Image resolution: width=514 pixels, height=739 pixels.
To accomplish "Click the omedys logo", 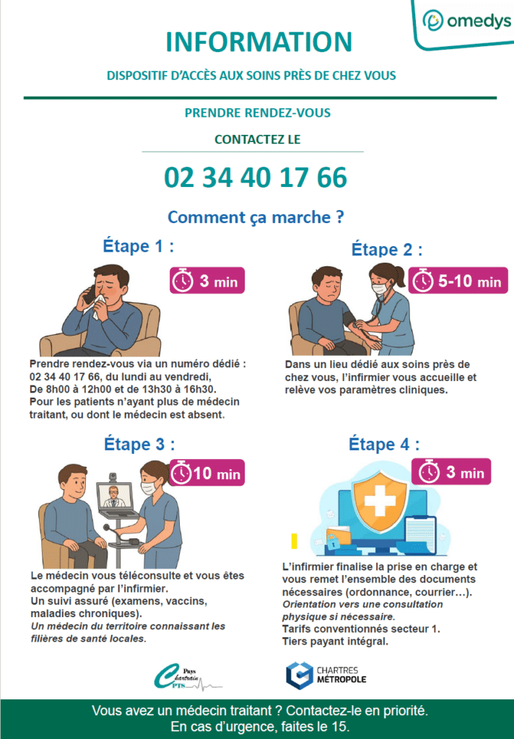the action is [466, 21].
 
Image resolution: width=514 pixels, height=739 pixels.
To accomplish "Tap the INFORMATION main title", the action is [259, 41].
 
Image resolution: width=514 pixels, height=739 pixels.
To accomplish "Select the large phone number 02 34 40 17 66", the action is [256, 178].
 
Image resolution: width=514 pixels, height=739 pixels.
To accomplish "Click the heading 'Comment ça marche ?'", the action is [256, 217].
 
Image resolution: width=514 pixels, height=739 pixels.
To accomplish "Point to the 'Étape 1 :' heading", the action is [138, 246].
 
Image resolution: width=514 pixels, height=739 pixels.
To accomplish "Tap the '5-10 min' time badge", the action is [458, 281].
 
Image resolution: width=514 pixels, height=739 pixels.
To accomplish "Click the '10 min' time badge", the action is [207, 473].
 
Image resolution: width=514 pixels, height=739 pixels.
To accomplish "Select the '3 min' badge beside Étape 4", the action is [450, 472].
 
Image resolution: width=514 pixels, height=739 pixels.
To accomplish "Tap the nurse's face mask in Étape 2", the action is [379, 288].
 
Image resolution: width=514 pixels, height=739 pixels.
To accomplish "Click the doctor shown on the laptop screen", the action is [113, 497].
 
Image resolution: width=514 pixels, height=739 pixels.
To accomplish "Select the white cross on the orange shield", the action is [380, 501].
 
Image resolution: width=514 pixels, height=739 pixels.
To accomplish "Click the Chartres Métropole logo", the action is [326, 675].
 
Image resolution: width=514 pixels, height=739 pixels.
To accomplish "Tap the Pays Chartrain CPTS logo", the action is [187, 677].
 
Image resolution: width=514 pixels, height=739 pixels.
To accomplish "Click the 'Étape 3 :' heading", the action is [139, 445].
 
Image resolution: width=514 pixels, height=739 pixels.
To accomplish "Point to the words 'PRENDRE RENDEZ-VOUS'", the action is [258, 113].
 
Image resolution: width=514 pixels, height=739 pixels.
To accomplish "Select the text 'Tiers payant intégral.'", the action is [335, 642].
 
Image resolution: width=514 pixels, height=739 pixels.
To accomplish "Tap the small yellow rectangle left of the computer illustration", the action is [295, 541].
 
